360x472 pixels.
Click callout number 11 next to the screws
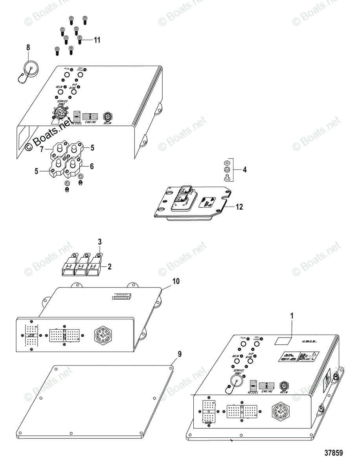97,40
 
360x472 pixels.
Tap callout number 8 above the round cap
28,48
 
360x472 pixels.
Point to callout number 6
92,166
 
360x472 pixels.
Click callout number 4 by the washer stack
244,170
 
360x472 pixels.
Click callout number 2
110,267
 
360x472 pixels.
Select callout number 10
176,281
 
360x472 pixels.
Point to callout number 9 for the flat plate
179,354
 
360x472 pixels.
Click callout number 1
292,315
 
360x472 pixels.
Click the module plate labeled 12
193,205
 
